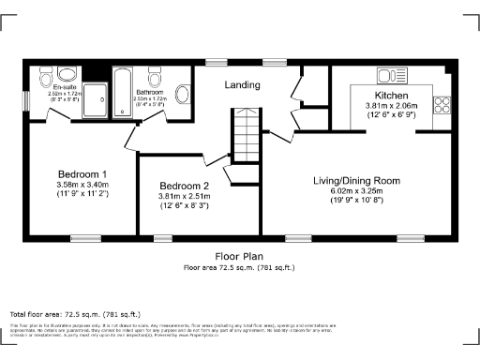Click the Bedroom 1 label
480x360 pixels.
click(82, 174)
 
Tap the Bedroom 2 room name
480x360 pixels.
click(184, 186)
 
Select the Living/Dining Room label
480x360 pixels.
click(356, 180)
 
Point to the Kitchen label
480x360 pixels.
click(390, 97)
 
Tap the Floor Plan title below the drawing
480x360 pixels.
click(239, 255)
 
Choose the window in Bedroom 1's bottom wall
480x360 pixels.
click(86, 237)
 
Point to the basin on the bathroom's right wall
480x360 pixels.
click(184, 92)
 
